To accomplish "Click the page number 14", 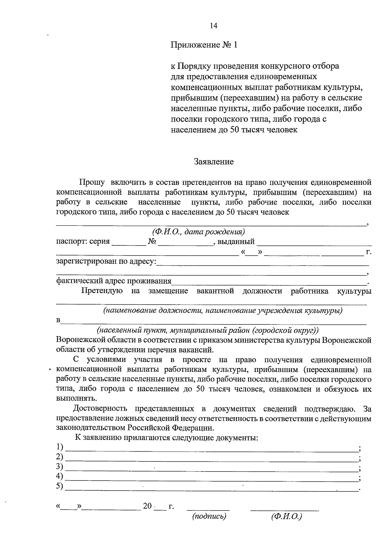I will pyautogui.click(x=213, y=26).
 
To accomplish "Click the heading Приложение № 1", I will pyautogui.click(x=204, y=45).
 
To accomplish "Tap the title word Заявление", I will pyautogui.click(x=214, y=162).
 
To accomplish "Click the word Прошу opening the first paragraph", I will pyautogui.click(x=92, y=182).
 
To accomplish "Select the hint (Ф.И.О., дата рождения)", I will pyautogui.click(x=198, y=232).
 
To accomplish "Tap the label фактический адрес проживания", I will pyautogui.click(x=114, y=281).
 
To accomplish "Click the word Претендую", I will pyautogui.click(x=102, y=291).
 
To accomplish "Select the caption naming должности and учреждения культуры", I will pyautogui.click(x=223, y=311).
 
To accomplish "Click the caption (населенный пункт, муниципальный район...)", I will pyautogui.click(x=208, y=330).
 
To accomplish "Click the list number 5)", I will pyautogui.click(x=59, y=486).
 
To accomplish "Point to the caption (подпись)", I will pyautogui.click(x=209, y=516).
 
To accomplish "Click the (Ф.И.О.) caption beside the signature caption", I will pyautogui.click(x=286, y=516).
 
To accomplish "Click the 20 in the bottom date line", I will pyautogui.click(x=147, y=506).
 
